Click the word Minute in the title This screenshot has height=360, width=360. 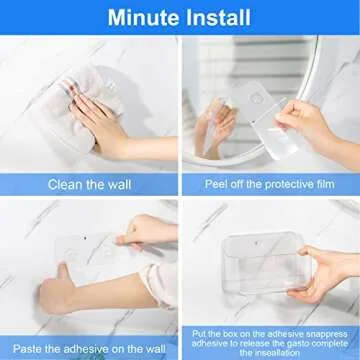click(144, 17)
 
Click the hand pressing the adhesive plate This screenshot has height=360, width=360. click(150, 235)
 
